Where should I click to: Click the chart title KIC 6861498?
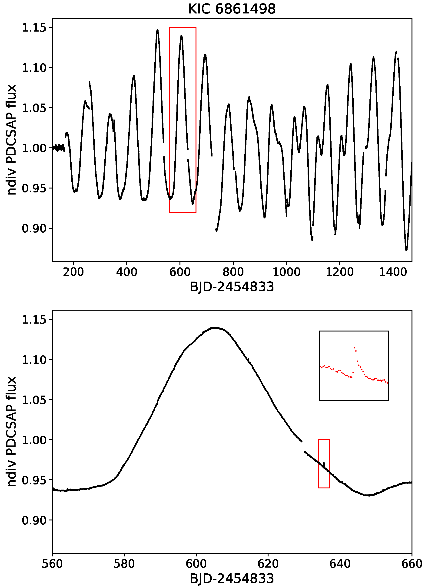point(232,9)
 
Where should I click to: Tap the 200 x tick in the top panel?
point(73,272)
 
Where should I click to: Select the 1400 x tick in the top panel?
point(393,272)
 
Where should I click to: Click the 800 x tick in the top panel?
point(233,272)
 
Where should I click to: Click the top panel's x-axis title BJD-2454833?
point(232,287)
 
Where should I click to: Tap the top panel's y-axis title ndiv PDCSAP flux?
point(12,140)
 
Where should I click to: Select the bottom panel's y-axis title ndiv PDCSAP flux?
point(12,432)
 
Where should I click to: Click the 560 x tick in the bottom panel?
point(53,564)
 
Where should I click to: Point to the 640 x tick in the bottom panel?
point(340,564)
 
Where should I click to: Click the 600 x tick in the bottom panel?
point(196,564)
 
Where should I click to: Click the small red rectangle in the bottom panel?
point(324,464)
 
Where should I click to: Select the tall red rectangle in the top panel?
point(183,120)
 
